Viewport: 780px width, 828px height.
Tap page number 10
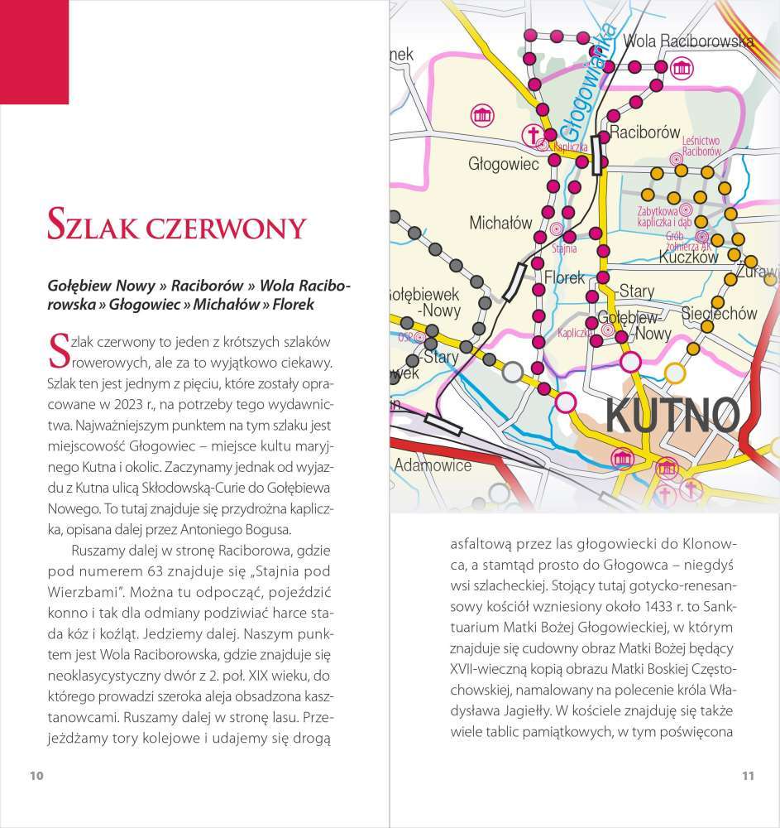pyautogui.click(x=36, y=776)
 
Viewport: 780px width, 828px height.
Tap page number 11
pyautogui.click(x=747, y=776)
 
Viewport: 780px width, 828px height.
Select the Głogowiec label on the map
pyautogui.click(x=503, y=164)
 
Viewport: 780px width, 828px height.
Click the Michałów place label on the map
pyautogui.click(x=500, y=223)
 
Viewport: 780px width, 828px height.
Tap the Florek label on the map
pyautogui.click(x=564, y=278)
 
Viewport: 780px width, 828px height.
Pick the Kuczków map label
pyautogui.click(x=689, y=258)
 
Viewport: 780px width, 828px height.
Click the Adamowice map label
pyautogui.click(x=433, y=465)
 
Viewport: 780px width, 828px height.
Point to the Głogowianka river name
pyautogui.click(x=589, y=83)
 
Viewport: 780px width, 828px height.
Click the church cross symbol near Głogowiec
pyautogui.click(x=534, y=133)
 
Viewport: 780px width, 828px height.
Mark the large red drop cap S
pyautogui.click(x=58, y=351)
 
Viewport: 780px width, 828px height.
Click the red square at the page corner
pyautogui.click(x=34, y=51)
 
